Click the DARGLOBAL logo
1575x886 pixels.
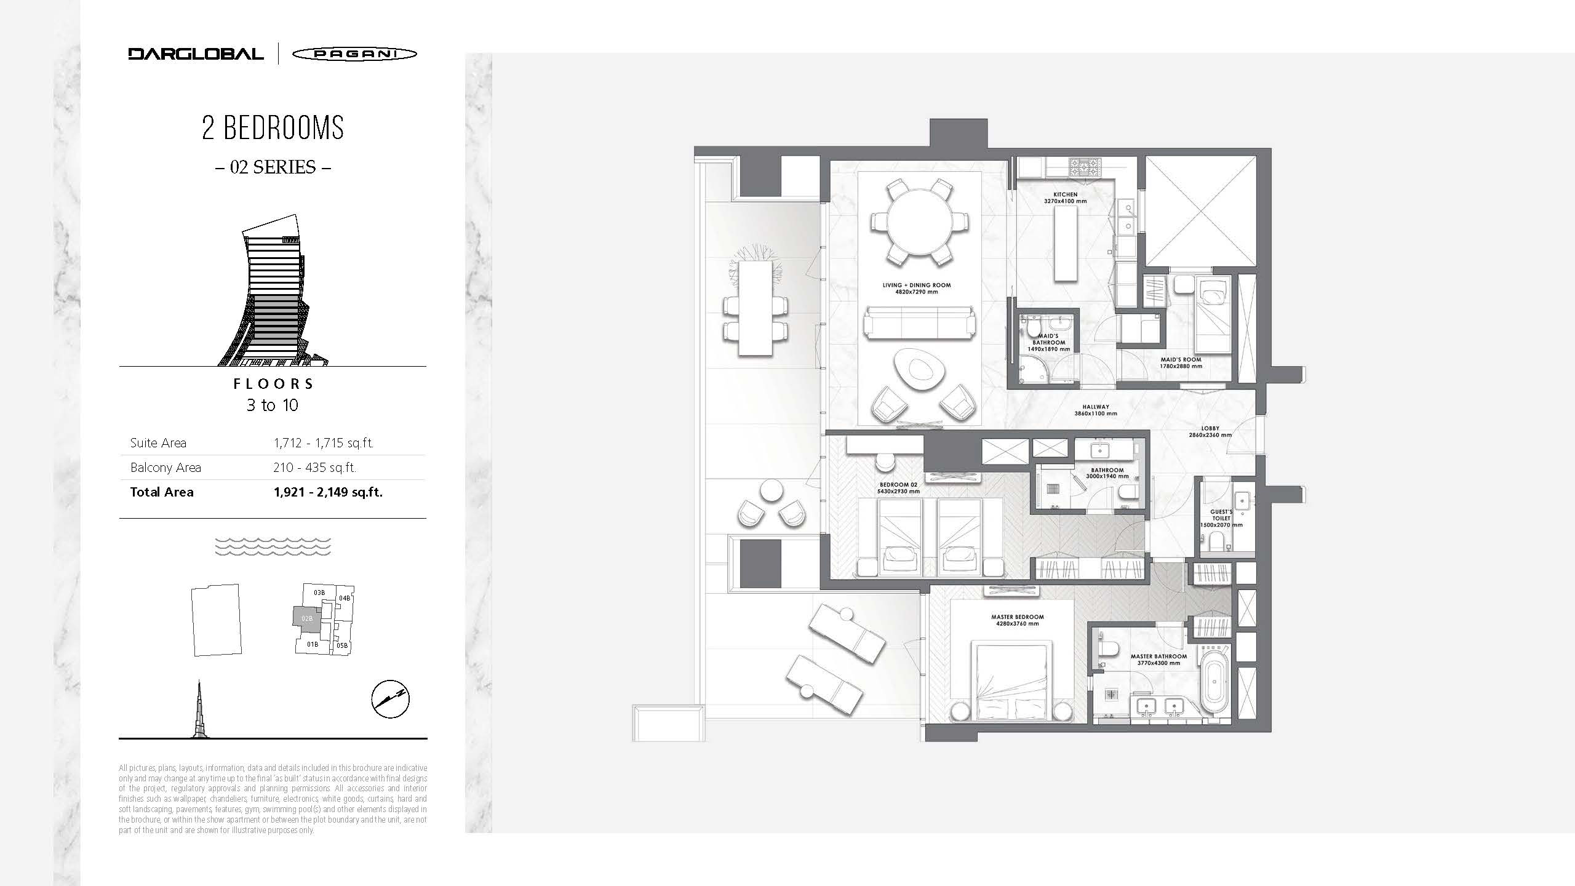(196, 54)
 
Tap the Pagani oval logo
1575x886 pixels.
(354, 54)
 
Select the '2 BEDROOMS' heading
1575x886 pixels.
(273, 127)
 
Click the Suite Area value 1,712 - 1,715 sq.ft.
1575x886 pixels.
(324, 443)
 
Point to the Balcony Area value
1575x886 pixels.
(315, 468)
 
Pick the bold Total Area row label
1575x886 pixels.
(162, 492)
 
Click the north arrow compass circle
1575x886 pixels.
(391, 700)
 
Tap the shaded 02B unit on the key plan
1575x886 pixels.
(306, 618)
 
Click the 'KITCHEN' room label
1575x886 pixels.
(1066, 194)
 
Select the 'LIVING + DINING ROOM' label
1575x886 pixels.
(917, 285)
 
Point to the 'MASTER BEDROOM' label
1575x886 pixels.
(1018, 617)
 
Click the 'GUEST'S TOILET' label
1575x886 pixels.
(1221, 515)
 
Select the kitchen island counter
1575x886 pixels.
(1066, 244)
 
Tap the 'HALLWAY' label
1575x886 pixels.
(1096, 407)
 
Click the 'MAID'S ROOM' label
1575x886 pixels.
(1181, 359)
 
